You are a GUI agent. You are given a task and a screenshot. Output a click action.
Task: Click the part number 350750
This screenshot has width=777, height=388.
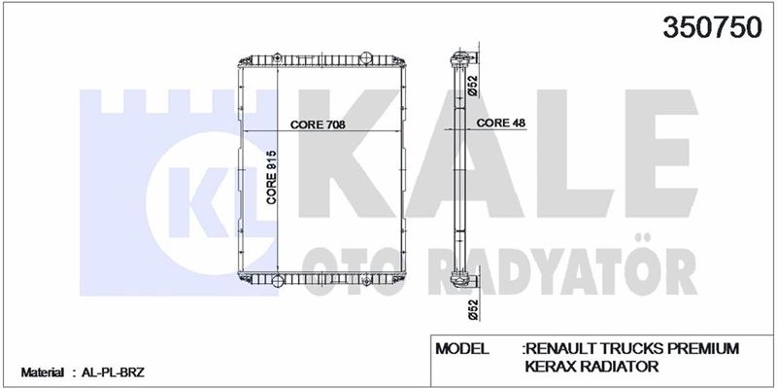click(712, 27)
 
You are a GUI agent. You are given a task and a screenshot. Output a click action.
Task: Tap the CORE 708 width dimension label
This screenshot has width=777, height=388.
click(318, 124)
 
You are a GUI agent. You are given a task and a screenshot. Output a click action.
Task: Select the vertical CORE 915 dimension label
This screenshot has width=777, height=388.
click(271, 177)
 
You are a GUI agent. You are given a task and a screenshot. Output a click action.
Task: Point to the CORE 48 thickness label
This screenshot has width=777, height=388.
click(500, 123)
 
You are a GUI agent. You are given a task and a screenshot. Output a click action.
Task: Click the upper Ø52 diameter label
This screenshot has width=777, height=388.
click(473, 86)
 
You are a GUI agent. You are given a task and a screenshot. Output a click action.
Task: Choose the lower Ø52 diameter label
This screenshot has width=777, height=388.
click(473, 309)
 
